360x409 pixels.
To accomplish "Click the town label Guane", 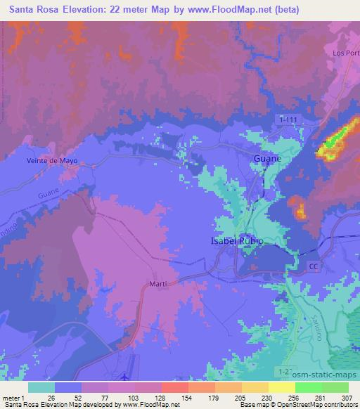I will click(266, 159).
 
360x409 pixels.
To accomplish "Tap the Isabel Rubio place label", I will click(237, 241).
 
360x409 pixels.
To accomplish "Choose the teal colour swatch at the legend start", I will click(41, 387).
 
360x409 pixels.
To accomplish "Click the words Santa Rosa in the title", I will click(34, 9).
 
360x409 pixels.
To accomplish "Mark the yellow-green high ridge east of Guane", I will click(335, 138).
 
